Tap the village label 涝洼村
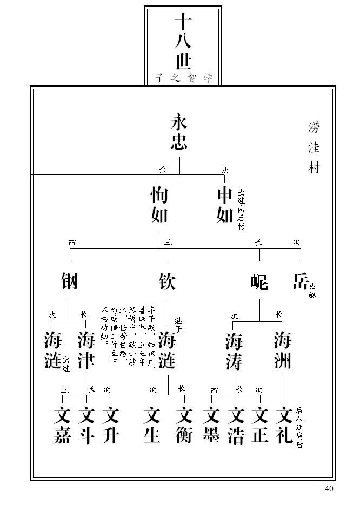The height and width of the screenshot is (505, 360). tap(314, 147)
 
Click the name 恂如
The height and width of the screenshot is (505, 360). tap(159, 205)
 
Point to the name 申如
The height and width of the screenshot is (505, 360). tap(224, 205)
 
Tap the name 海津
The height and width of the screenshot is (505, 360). tap(86, 351)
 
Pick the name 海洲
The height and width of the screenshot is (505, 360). tap(282, 351)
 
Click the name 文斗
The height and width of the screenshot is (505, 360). tap(86, 425)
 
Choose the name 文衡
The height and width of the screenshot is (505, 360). tap(184, 425)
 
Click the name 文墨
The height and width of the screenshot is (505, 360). tap(211, 425)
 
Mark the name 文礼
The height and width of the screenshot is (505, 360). tap(284, 425)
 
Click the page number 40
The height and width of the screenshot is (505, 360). tap(329, 489)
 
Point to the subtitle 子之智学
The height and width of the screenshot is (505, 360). tap(183, 78)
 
